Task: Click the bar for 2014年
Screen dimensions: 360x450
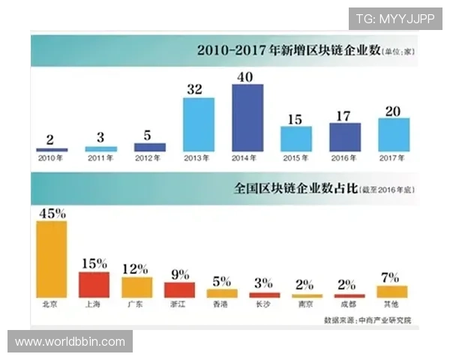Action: click(x=247, y=118)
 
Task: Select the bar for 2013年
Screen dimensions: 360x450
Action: click(x=199, y=124)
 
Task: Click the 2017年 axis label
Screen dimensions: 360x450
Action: click(x=393, y=158)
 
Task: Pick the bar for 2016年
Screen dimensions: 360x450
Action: click(x=345, y=137)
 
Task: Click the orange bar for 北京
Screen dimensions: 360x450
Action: click(x=52, y=259)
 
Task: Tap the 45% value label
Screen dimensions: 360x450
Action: click(x=52, y=212)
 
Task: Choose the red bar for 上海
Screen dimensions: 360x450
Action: click(x=94, y=284)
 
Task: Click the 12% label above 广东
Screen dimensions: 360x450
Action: click(x=136, y=268)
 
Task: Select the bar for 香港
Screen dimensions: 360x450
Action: click(x=222, y=293)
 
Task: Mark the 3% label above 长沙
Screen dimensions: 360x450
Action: click(x=265, y=283)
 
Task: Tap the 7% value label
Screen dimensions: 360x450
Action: click(x=392, y=277)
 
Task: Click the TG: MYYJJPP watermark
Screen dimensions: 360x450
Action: click(x=394, y=19)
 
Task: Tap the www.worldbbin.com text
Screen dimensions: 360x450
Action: click(x=70, y=342)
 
